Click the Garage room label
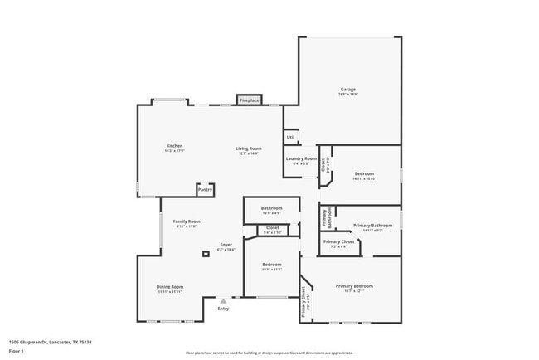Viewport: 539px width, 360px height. pyautogui.click(x=348, y=90)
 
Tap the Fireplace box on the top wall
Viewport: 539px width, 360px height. pyautogui.click(x=250, y=100)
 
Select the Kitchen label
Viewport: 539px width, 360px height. pyautogui.click(x=174, y=146)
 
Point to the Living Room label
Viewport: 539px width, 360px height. pyautogui.click(x=249, y=148)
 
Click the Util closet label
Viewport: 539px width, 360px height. pyautogui.click(x=290, y=137)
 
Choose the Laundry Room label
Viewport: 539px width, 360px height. pyautogui.click(x=300, y=158)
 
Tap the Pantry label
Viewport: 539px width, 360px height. pyautogui.click(x=205, y=190)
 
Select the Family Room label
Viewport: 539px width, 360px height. pyautogui.click(x=187, y=221)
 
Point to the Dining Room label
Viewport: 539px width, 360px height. pyautogui.click(x=170, y=287)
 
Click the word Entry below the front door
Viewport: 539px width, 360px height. pyautogui.click(x=223, y=309)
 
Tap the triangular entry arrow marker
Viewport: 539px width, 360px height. pyautogui.click(x=222, y=300)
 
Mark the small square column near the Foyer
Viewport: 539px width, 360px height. pyautogui.click(x=205, y=253)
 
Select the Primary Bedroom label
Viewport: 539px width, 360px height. pyautogui.click(x=354, y=286)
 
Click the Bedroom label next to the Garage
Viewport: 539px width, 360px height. pyautogui.click(x=364, y=173)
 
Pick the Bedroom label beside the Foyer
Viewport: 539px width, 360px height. pyautogui.click(x=272, y=265)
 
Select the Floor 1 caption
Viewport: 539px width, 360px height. pyautogui.click(x=16, y=351)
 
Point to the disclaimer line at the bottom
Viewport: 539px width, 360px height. pyautogui.click(x=269, y=353)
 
